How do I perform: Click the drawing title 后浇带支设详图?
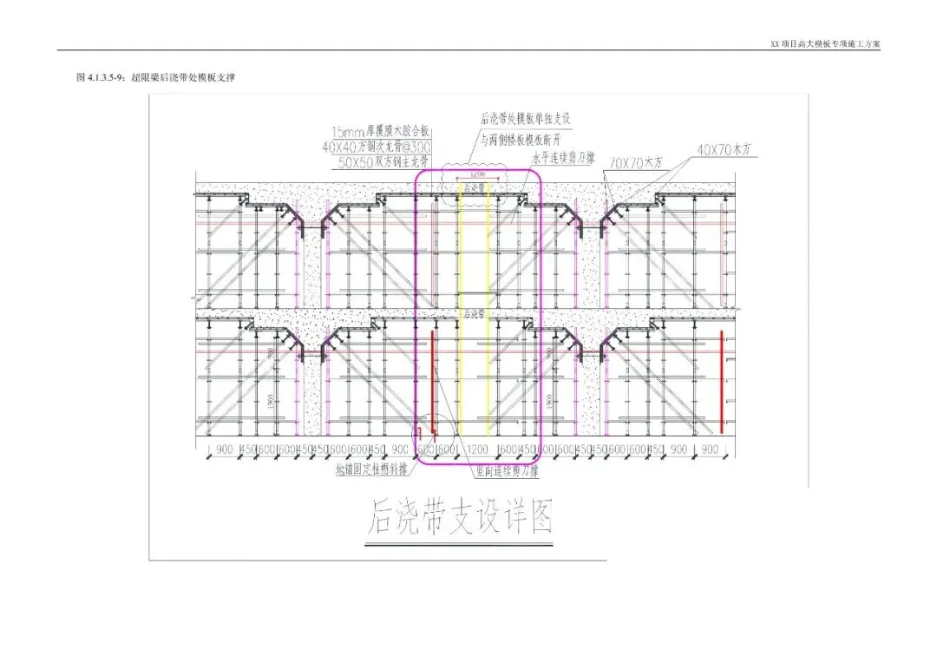coord(461,517)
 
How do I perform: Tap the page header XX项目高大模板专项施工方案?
coord(824,44)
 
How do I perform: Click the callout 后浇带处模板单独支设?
coord(526,118)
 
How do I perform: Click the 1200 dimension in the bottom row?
coord(478,450)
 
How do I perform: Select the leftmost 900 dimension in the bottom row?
coord(225,450)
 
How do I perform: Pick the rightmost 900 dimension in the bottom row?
coord(709,450)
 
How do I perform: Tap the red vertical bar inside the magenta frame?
coord(432,382)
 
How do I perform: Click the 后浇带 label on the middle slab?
coord(474,314)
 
